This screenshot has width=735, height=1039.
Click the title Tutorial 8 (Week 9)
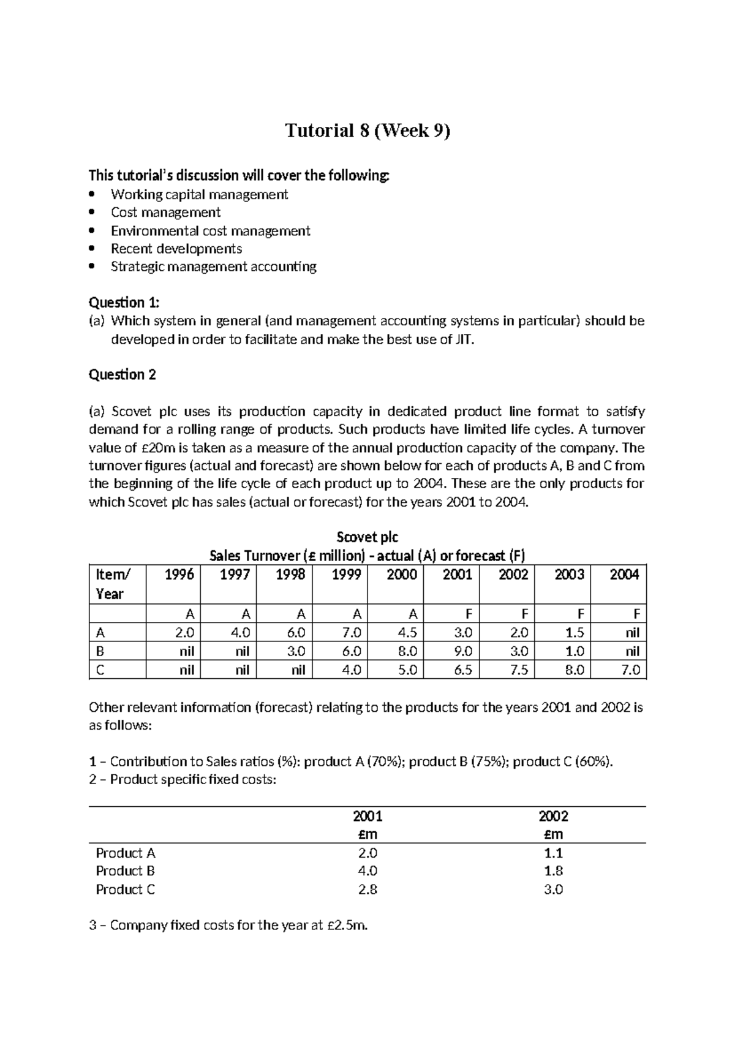tap(367, 131)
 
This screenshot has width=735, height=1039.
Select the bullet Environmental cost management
tap(210, 231)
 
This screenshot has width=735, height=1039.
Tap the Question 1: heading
tap(124, 302)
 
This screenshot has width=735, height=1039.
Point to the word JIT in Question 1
tap(464, 339)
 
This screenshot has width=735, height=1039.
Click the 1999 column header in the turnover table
tap(346, 575)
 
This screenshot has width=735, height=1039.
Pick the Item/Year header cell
tap(110, 584)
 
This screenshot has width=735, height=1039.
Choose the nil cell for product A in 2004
tap(632, 632)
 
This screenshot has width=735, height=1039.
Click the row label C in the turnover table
tap(100, 670)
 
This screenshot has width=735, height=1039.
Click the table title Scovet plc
tap(367, 537)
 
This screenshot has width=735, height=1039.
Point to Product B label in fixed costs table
tap(125, 871)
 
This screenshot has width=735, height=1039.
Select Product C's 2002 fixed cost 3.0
tap(553, 890)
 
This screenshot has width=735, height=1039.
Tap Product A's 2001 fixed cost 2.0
tap(367, 853)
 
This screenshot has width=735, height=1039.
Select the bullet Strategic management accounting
tap(213, 266)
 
